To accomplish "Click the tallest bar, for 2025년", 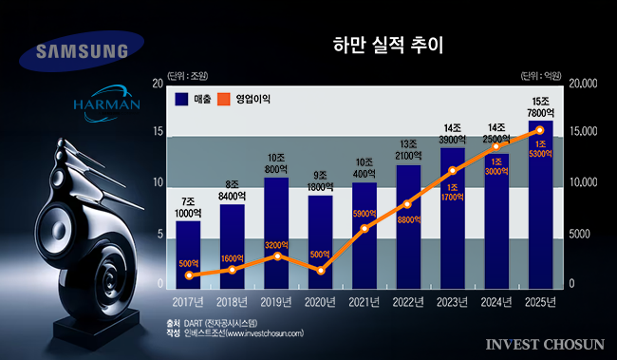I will (539, 203).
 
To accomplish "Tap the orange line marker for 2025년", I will (539, 130).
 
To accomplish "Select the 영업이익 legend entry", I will (243, 98).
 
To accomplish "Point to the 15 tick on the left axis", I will (158, 133).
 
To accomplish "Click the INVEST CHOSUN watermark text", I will (542, 342).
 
